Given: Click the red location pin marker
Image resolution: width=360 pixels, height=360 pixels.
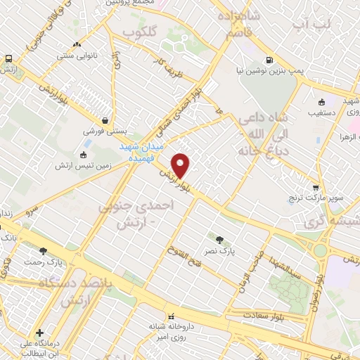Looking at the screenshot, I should [x=181, y=165].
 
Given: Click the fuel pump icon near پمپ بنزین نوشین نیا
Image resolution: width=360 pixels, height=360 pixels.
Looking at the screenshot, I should [x=269, y=60].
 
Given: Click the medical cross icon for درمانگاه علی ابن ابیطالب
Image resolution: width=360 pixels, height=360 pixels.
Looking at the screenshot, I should [x=39, y=332].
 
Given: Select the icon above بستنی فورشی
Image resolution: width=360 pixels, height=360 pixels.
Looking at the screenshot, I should [x=105, y=120].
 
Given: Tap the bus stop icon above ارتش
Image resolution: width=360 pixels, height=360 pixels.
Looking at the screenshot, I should [x=8, y=59].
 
